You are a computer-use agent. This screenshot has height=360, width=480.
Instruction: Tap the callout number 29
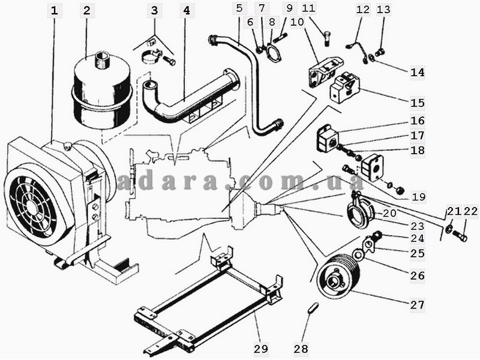(x=260, y=348)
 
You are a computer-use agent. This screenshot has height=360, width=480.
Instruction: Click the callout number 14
(x=418, y=72)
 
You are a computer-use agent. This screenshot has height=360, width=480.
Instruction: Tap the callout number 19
(x=418, y=196)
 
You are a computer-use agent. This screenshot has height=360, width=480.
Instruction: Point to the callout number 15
(x=418, y=103)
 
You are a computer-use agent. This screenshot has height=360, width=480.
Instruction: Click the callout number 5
(x=239, y=8)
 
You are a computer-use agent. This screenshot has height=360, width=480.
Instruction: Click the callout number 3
(x=155, y=10)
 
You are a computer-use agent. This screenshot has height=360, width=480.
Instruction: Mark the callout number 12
(x=362, y=10)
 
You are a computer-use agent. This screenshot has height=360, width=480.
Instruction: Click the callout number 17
(x=418, y=136)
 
